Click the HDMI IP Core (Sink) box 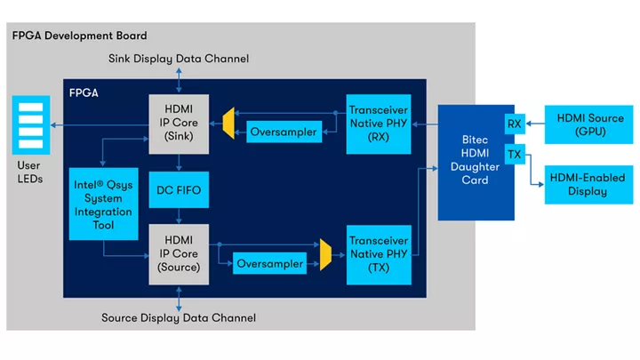pyautogui.click(x=179, y=124)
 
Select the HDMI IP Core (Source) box pyautogui.click(x=179, y=254)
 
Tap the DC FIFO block pyautogui.click(x=179, y=190)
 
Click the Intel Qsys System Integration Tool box pyautogui.click(x=104, y=204)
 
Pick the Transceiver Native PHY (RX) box pyautogui.click(x=379, y=124)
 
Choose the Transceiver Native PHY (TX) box pyautogui.click(x=379, y=255)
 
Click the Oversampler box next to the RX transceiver pyautogui.click(x=284, y=132)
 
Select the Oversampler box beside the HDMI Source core pyautogui.click(x=269, y=264)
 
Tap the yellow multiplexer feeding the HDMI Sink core pyautogui.click(x=228, y=124)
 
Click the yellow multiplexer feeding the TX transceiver pyautogui.click(x=325, y=255)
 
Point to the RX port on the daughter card pyautogui.click(x=515, y=124)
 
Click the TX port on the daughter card pyautogui.click(x=515, y=155)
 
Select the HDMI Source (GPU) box pyautogui.click(x=589, y=124)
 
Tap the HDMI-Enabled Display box pyautogui.click(x=589, y=185)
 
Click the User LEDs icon pyautogui.click(x=31, y=125)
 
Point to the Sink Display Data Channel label pyautogui.click(x=179, y=59)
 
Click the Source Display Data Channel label pyautogui.click(x=179, y=318)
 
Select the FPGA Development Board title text pyautogui.click(x=80, y=36)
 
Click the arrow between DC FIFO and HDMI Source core pyautogui.click(x=179, y=216)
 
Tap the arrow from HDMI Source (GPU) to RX pyautogui.click(x=535, y=124)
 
